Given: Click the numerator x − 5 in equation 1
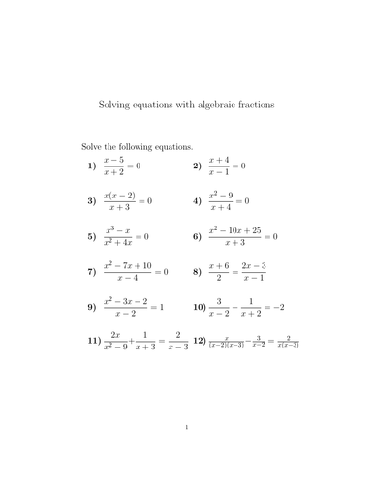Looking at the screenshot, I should (x=115, y=160).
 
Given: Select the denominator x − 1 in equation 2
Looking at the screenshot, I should (x=219, y=173).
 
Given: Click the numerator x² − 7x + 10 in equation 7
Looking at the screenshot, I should (x=126, y=264).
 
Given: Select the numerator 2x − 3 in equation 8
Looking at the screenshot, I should (x=254, y=265).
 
